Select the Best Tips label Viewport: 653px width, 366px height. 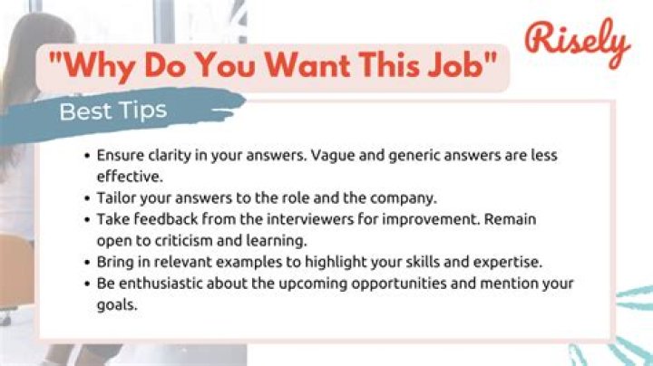coord(112,111)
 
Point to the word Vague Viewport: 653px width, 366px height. coord(335,155)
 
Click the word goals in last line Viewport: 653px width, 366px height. coord(115,306)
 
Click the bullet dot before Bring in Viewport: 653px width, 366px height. coord(87,263)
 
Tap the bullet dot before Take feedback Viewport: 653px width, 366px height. coord(87,218)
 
